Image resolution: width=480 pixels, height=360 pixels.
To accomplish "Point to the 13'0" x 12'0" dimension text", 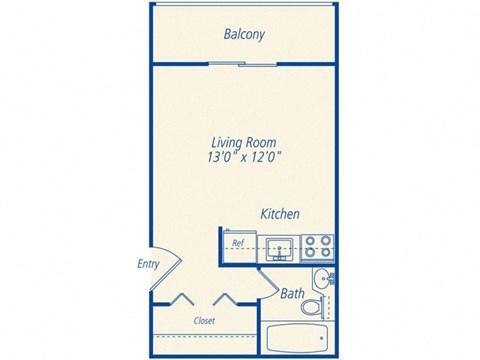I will (243, 156).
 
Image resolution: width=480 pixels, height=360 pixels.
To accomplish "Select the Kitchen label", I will (280, 214).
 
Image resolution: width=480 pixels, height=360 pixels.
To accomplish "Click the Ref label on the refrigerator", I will (239, 243).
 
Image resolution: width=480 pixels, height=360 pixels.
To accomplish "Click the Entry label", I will (150, 264).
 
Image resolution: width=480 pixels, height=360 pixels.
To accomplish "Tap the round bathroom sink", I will (320, 279).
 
